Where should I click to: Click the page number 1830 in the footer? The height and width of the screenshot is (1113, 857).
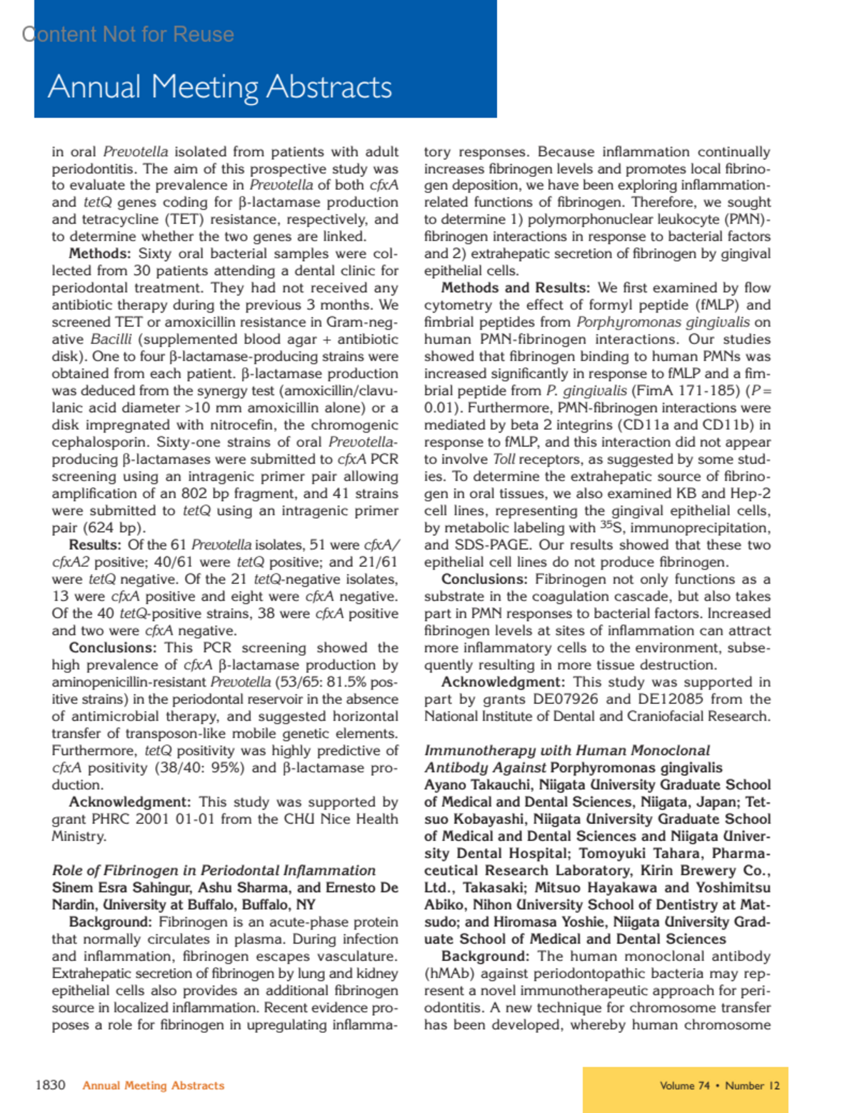pyautogui.click(x=50, y=1085)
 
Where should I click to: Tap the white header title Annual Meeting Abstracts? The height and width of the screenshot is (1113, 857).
pyautogui.click(x=220, y=87)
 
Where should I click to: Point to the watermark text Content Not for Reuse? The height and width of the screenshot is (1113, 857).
pyautogui.click(x=128, y=34)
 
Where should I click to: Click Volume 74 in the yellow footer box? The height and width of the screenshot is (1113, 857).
pyautogui.click(x=684, y=1086)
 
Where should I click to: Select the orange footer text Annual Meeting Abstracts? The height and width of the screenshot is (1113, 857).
pyautogui.click(x=154, y=1086)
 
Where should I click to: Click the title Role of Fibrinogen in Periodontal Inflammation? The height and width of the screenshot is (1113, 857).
pyautogui.click(x=214, y=870)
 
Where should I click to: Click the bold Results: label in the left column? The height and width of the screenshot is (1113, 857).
pyautogui.click(x=95, y=545)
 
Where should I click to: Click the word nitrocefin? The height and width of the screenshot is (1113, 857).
pyautogui.click(x=201, y=425)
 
